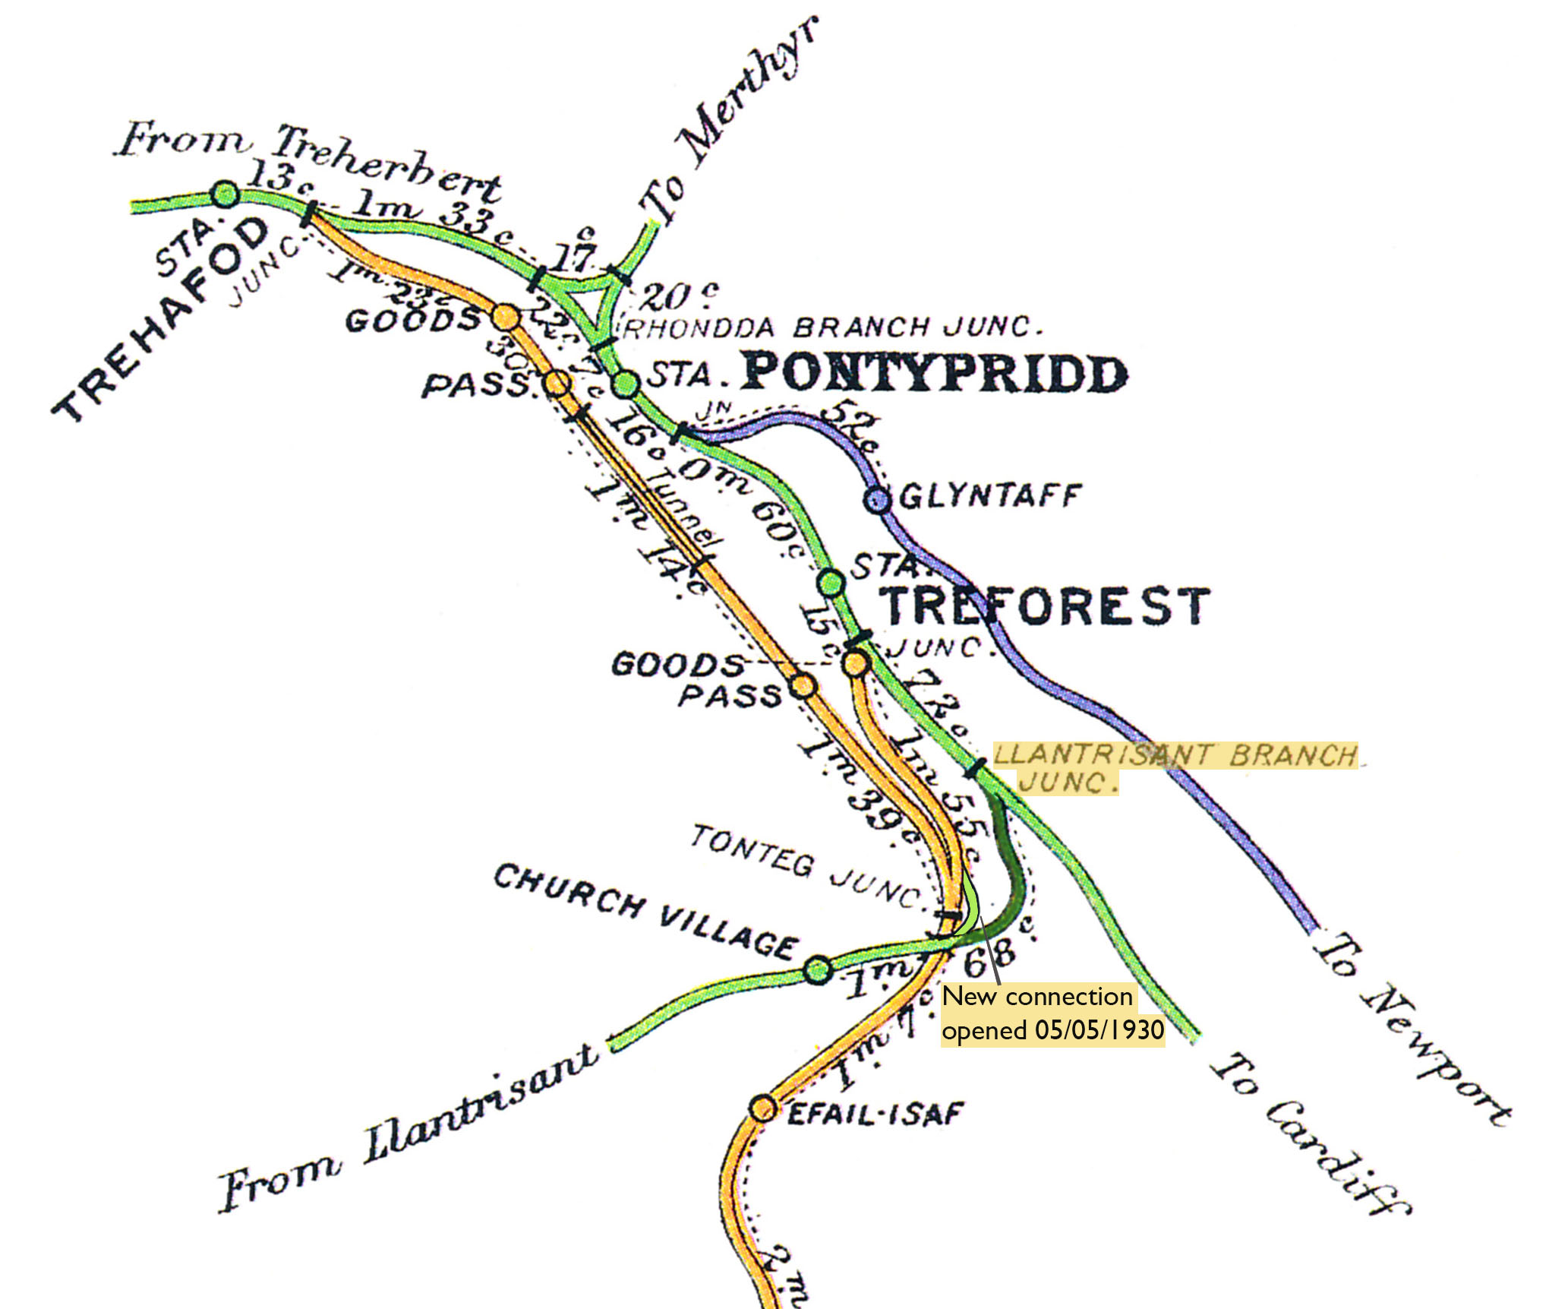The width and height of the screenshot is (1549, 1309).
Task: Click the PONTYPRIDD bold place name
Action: point(934,374)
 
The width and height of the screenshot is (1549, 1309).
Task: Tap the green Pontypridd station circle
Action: point(626,384)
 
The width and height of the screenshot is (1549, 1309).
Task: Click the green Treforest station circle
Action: point(831,583)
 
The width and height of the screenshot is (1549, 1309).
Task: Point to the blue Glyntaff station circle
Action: point(877,500)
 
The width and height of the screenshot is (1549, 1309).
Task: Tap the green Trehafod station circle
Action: point(225,194)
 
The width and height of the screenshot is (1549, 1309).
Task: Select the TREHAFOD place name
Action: point(163,319)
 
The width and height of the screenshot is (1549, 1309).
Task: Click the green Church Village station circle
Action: point(817,969)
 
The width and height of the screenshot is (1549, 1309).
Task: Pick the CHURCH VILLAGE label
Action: point(645,912)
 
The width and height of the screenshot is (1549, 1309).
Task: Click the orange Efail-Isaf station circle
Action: point(762,1108)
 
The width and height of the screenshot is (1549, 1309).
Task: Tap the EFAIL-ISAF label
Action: point(875,1115)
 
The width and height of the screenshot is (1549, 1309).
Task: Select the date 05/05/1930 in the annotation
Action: point(1099,1031)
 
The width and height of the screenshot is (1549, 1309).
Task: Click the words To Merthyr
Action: point(729,122)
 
